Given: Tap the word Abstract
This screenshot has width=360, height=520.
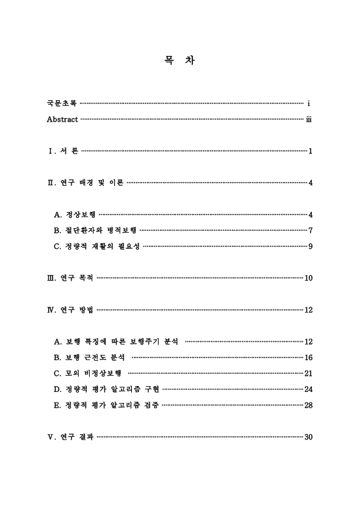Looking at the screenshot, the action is pos(62,120).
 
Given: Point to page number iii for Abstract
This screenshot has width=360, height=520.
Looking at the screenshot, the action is pos(309,120).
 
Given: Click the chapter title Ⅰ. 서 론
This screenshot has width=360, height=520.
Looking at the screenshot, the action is pos(63,151).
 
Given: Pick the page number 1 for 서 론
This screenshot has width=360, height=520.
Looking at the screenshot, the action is pos(311,151).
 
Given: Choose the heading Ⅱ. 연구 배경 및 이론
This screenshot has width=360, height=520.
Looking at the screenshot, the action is pos(85,183).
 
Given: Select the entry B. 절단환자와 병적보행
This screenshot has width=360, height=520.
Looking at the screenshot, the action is pos(96,230).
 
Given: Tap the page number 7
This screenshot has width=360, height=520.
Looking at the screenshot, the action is pos(311,230).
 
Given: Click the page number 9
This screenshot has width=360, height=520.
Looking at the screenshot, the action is pos(311,246).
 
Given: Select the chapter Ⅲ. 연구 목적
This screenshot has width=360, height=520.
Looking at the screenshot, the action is pos(70,278).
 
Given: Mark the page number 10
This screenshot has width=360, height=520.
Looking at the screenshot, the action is pos(309,278).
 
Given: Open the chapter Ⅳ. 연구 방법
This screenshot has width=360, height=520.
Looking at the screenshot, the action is pos(70,310).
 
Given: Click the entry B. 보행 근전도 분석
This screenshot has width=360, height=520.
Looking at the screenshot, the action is pos(90,357).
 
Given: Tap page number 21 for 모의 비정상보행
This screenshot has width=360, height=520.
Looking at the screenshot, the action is pos(309,374).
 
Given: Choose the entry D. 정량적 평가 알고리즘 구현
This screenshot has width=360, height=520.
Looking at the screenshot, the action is pos(106,389).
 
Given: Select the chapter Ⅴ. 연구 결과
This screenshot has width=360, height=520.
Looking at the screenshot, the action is pos(70,437).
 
